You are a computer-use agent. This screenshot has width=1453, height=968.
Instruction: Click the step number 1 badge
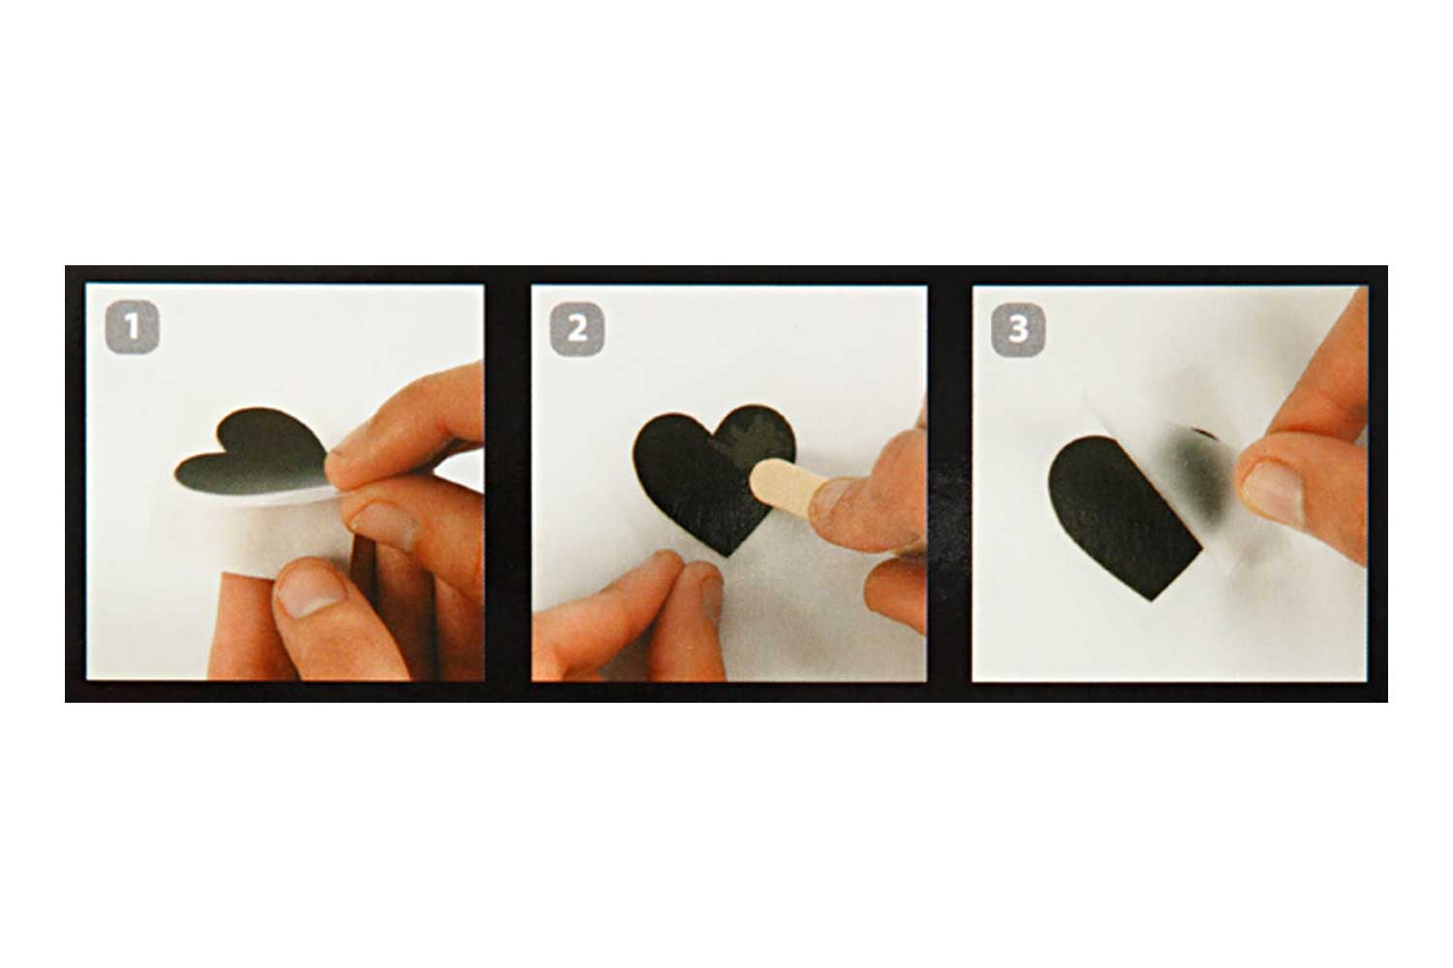[x=132, y=327]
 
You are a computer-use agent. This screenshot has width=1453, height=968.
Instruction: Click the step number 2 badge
[x=576, y=329]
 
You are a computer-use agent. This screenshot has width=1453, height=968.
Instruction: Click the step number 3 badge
[x=1018, y=329]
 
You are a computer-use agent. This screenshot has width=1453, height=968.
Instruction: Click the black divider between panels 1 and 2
[x=508, y=483]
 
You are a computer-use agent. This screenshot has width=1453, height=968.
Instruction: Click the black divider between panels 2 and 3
[x=949, y=483]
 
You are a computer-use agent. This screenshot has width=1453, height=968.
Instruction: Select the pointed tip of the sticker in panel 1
[x=177, y=473]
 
